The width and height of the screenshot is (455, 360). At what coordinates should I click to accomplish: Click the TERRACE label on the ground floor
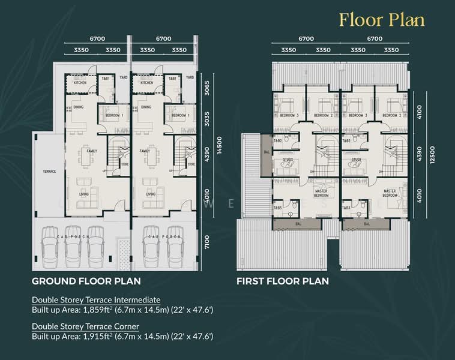click(49, 171)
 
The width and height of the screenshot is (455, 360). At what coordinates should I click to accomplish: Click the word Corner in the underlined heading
click(124, 326)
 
